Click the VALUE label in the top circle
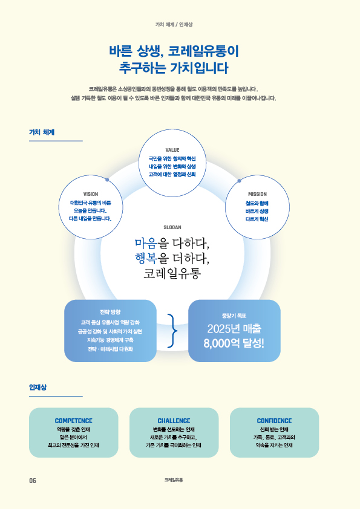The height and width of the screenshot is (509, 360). tap(172, 150)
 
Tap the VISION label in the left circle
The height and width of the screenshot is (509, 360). tap(91, 194)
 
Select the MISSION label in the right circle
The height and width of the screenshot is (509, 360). tap(257, 194)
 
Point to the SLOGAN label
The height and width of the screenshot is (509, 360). tap(172, 227)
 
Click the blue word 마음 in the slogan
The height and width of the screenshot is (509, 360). tap(146, 243)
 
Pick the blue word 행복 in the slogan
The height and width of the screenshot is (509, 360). tap(146, 258)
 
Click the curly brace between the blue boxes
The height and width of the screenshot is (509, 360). tap(172, 331)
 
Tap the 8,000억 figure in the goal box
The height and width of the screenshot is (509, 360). tap(217, 343)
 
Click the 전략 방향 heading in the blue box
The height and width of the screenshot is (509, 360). tap(110, 312)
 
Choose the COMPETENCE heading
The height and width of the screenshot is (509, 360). tap(73, 421)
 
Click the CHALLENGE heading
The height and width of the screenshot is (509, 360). tap(174, 421)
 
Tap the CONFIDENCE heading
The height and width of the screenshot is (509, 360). tap(274, 421)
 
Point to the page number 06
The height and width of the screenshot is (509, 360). tap(33, 481)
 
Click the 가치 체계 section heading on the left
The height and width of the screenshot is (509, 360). tap(42, 132)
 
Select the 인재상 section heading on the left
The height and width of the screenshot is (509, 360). tap(38, 387)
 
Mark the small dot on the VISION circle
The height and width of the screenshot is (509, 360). tap(107, 180)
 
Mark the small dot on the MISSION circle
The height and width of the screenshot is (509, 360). tap(240, 181)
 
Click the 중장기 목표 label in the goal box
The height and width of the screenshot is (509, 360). tap(234, 316)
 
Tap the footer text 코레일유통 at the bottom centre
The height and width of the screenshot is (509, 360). tap(174, 480)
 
